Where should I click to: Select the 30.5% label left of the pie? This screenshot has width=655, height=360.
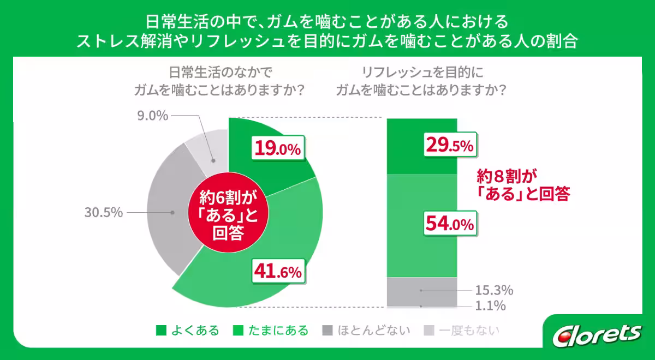click(103, 213)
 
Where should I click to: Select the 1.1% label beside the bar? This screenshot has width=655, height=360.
click(490, 306)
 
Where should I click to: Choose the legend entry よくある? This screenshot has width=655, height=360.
click(188, 330)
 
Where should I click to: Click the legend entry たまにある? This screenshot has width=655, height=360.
click(271, 330)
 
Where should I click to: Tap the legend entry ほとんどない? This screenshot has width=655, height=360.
click(366, 330)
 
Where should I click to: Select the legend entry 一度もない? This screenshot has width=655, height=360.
click(462, 330)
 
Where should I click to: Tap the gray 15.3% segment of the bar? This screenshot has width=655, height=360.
click(421, 289)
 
